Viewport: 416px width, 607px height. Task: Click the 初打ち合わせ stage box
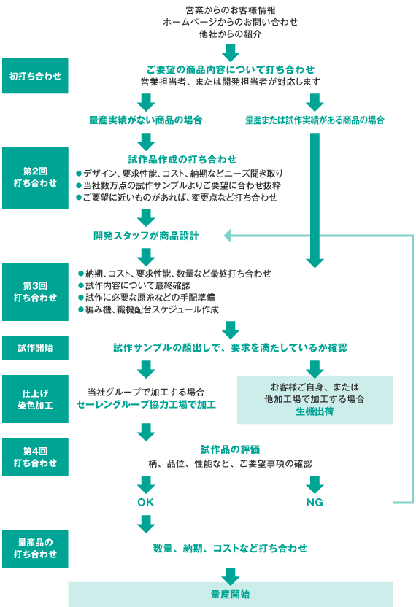click(35, 76)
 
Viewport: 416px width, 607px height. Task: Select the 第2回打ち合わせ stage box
click(35, 178)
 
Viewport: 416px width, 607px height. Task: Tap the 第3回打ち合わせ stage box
click(35, 292)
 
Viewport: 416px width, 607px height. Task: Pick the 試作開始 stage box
click(35, 347)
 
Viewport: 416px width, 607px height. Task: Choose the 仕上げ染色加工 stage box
click(35, 399)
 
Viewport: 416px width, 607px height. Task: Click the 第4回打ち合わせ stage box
click(35, 457)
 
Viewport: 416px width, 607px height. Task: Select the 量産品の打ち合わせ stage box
click(35, 549)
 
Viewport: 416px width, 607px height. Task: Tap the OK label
click(146, 502)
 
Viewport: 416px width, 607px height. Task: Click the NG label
click(315, 502)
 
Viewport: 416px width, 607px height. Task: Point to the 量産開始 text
click(230, 594)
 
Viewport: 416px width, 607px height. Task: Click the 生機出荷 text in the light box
click(315, 411)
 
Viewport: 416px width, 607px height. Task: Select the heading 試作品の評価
click(230, 449)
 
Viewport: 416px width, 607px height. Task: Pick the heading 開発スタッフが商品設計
click(146, 236)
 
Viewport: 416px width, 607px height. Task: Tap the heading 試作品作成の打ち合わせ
click(182, 160)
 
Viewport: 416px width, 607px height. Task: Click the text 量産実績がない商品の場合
click(146, 120)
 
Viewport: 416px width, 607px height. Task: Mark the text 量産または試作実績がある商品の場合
click(315, 120)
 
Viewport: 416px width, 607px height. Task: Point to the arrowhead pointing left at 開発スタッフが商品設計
click(228, 236)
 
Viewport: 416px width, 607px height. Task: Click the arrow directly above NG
click(315, 484)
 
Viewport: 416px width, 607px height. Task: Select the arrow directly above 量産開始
click(231, 576)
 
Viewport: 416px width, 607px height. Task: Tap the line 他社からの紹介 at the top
click(231, 34)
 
